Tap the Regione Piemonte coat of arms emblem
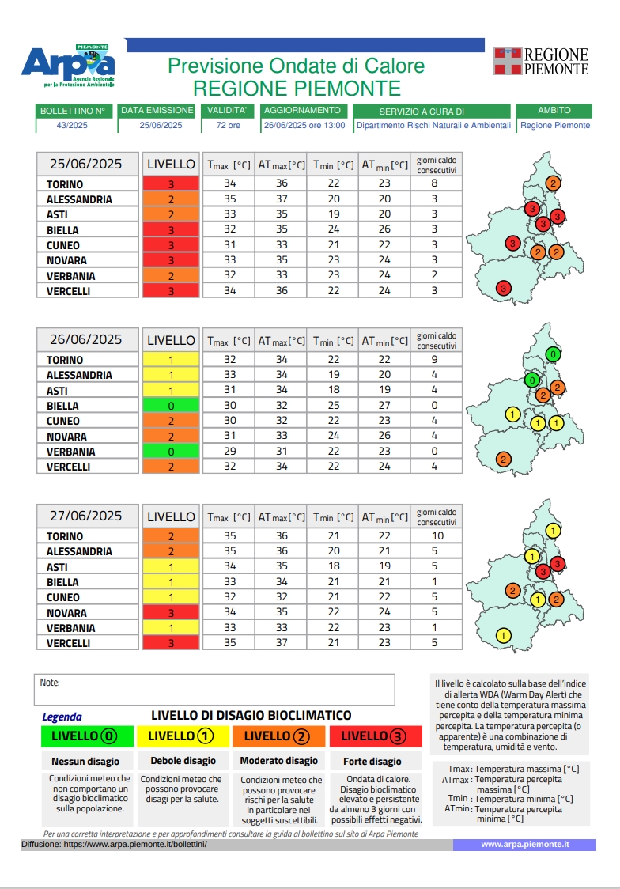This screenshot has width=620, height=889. coord(508,61)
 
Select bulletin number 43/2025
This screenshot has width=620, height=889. coord(72,125)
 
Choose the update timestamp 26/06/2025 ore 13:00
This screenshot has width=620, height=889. coord(304,125)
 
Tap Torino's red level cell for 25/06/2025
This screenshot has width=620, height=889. coord(170,184)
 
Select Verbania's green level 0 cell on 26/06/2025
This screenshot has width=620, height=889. coord(170,452)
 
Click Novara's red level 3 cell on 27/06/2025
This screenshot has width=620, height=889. coord(170,613)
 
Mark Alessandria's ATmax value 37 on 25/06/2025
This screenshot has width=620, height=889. coord(282,199)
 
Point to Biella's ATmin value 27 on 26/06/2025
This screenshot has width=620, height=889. coord(384,406)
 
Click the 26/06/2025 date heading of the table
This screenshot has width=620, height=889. coord(86,339)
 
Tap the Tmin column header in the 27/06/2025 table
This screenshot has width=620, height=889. coord(333,517)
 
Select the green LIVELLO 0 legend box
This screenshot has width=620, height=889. coord(88,736)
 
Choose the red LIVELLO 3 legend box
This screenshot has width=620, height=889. coord(376,736)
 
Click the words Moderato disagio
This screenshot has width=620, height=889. coord(280,761)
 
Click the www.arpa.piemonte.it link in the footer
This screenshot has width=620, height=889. coord(524,845)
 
